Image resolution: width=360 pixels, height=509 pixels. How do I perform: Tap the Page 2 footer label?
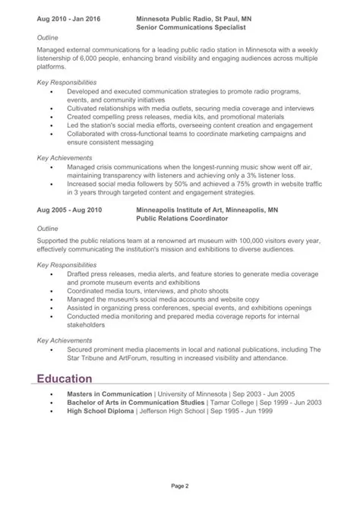[x=179, y=485]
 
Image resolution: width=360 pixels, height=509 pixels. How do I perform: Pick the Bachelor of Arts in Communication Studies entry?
[x=137, y=403]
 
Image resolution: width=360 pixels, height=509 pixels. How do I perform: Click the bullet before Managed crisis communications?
[x=51, y=166]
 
